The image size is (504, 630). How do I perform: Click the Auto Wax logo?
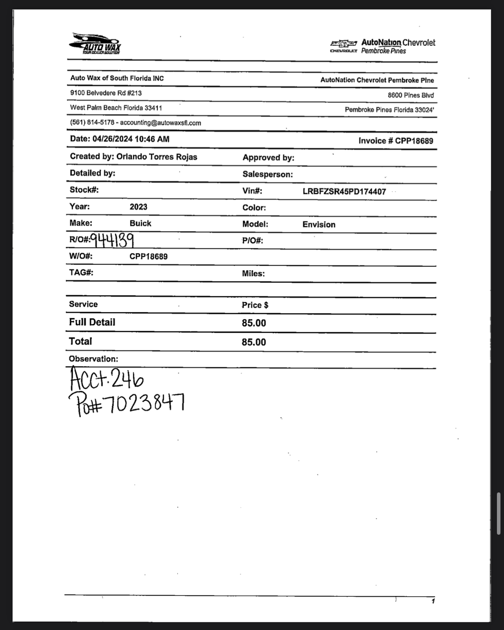[95, 43]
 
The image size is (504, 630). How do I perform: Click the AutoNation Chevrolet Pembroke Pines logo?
[383, 46]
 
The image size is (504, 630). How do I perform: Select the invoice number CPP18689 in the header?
[414, 141]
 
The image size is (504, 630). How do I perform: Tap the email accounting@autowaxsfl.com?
[161, 123]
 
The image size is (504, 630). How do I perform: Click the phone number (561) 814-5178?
[92, 122]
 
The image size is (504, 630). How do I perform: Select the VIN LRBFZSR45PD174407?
[344, 192]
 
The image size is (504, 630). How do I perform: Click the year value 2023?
[139, 207]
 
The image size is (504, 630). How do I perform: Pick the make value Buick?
[140, 223]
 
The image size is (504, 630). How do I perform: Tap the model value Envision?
[319, 225]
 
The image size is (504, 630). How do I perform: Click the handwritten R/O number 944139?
[112, 240]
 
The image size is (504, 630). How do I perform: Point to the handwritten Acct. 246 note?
[106, 378]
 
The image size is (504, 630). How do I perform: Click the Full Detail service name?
[92, 322]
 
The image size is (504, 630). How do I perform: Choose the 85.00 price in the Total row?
[254, 342]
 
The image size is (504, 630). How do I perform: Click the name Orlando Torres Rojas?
[157, 157]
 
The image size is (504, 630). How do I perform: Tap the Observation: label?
[93, 359]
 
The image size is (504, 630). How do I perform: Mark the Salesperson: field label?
[268, 174]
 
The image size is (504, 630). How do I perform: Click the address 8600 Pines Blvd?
[411, 95]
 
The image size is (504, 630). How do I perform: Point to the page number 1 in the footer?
[433, 601]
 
